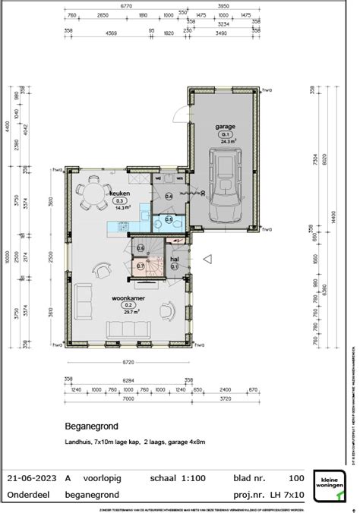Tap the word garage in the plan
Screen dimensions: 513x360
(226, 127)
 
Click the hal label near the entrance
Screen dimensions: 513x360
(174, 259)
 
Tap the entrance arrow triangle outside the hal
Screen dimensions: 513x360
(207, 259)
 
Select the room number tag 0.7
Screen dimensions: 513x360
(141, 266)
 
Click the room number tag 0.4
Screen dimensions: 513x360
(169, 197)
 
